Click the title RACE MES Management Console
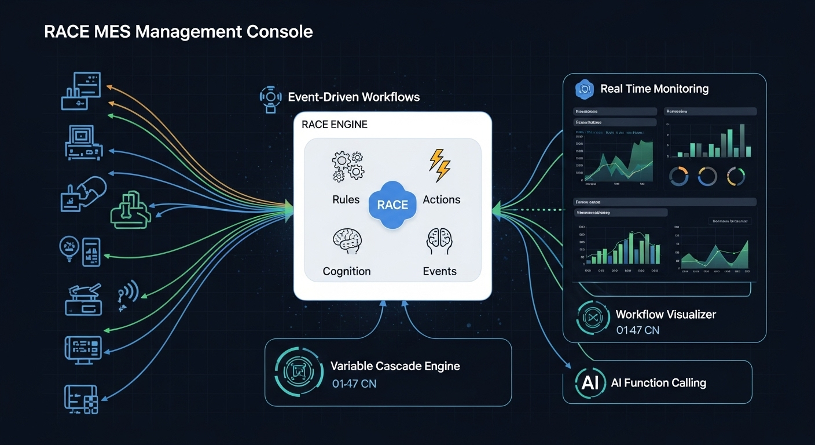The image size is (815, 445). [x=178, y=31]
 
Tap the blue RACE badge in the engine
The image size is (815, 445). [x=392, y=205]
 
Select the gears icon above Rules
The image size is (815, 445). [x=347, y=165]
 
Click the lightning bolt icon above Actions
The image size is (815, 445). [x=439, y=165]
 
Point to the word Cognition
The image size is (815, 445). [x=347, y=271]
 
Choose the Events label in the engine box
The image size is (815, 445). [x=439, y=271]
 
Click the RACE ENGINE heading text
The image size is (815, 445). [x=335, y=125]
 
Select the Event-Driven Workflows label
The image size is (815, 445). [x=354, y=97]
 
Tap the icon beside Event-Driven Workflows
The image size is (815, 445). [x=271, y=97]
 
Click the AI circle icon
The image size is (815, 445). [x=589, y=382]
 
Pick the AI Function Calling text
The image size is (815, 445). [x=658, y=383]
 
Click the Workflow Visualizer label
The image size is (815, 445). [x=666, y=315]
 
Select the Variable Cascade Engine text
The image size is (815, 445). [x=395, y=366]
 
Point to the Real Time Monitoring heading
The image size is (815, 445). [x=654, y=89]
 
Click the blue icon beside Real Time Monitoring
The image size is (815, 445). [x=585, y=89]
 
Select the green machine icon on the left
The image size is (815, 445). [x=130, y=209]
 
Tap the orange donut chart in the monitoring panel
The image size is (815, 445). [x=678, y=177]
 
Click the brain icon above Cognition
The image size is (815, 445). [x=347, y=242]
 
